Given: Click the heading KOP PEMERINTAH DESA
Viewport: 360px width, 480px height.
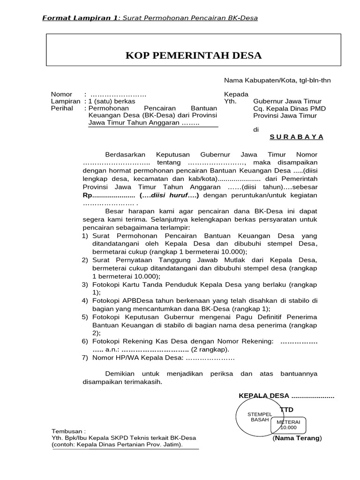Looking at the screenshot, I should (x=193, y=56).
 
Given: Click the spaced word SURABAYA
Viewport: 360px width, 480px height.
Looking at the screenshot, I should (x=296, y=137).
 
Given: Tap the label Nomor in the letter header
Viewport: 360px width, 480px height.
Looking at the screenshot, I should (x=61, y=94).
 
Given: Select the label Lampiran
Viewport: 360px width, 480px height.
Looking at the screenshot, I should (x=65, y=101).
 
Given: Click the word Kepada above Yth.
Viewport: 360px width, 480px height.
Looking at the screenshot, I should (x=236, y=94).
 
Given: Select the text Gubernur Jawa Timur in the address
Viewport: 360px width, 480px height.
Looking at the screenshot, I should (x=286, y=101).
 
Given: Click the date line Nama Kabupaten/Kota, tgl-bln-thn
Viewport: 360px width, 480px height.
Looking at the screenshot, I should (x=277, y=80).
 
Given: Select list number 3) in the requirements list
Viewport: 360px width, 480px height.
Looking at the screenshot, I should (x=85, y=285).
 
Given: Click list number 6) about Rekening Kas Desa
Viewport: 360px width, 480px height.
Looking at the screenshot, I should (x=85, y=342).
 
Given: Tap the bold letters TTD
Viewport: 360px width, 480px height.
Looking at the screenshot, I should (x=286, y=410).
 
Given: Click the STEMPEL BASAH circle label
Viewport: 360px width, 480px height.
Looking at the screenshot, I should (x=256, y=417).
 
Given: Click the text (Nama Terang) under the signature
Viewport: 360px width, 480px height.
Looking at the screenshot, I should (x=297, y=438).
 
